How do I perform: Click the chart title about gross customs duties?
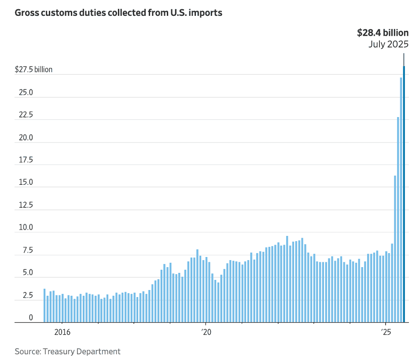click(x=118, y=13)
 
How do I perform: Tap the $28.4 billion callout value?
click(x=382, y=33)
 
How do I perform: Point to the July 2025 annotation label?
click(x=389, y=44)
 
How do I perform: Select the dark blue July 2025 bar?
click(x=404, y=194)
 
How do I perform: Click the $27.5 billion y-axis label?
click(x=33, y=70)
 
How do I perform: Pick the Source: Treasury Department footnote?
click(x=67, y=351)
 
